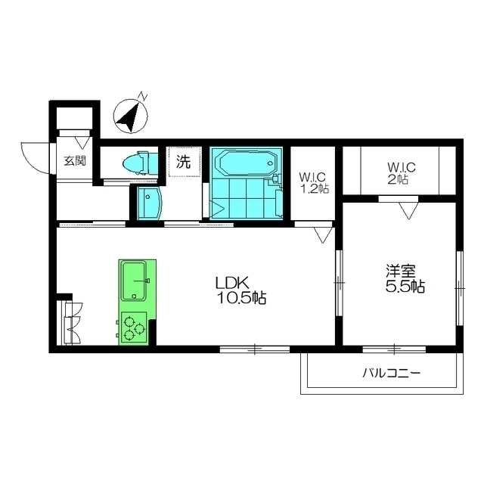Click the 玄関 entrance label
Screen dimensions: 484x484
[x=75, y=161]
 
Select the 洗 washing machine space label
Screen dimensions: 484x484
[x=183, y=161]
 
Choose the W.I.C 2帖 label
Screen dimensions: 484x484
[x=401, y=173]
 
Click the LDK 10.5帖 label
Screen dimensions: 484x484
[x=240, y=290]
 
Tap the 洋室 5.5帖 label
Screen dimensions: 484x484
[x=405, y=278]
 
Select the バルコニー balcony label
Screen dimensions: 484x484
[x=391, y=374]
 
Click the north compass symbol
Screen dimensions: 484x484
[x=132, y=115]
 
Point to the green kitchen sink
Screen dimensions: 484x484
[x=134, y=281]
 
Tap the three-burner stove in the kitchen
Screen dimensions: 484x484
[x=134, y=328]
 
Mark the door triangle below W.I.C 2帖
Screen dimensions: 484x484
[x=408, y=211]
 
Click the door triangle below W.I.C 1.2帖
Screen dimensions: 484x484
[x=322, y=235]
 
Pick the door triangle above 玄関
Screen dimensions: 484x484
[x=82, y=142]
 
